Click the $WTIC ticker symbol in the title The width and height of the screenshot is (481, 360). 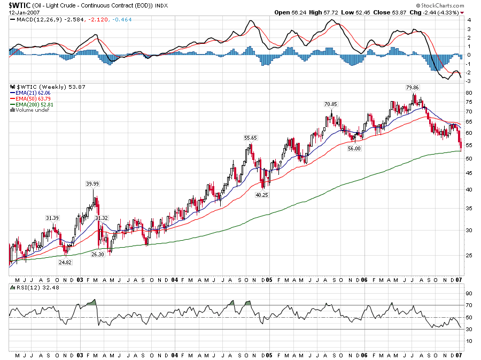[x=19, y=5]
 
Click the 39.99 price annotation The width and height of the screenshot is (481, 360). [x=93, y=183]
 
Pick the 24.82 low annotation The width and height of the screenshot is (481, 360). [x=65, y=262]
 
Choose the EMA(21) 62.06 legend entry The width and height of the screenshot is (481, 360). [x=32, y=93]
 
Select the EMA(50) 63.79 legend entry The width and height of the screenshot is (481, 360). [x=32, y=98]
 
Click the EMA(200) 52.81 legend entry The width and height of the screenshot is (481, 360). [x=33, y=104]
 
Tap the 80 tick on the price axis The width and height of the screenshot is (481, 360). [x=469, y=93]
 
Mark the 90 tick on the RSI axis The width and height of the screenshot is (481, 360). [x=469, y=293]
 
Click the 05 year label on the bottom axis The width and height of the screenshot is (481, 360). [x=269, y=280]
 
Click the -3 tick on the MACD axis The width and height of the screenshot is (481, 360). [x=469, y=81]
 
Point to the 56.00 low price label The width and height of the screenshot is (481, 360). [x=355, y=148]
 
